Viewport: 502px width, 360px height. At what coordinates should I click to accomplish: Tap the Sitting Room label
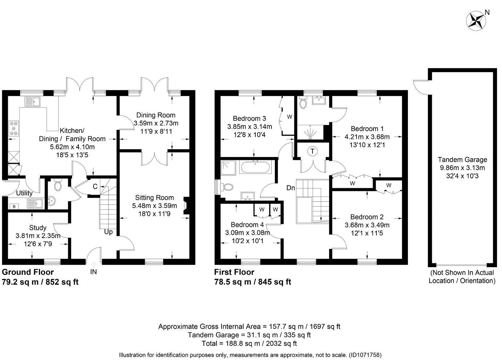[x=154, y=198]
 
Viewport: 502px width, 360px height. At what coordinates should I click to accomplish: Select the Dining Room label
[x=156, y=115]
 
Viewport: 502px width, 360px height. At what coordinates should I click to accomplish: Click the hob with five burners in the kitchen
[x=14, y=128]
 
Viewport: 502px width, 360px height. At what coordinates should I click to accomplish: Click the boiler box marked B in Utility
[x=14, y=207]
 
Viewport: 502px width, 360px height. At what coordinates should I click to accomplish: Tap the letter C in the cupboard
[x=95, y=186]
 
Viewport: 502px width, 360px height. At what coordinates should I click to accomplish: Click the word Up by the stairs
[x=109, y=232]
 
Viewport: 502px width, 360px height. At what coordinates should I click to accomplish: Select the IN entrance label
[x=93, y=272]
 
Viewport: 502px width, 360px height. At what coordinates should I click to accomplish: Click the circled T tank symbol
[x=312, y=151]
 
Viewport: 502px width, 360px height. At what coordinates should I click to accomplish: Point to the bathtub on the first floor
[x=255, y=167]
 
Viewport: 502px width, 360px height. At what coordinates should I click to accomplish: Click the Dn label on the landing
[x=291, y=188]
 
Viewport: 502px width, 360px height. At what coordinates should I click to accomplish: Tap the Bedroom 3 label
[x=249, y=118]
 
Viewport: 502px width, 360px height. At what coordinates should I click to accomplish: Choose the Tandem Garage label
[x=462, y=160]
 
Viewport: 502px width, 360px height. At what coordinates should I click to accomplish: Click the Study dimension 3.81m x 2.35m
[x=38, y=236]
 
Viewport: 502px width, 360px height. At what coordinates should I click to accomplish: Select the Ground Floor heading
[x=28, y=272]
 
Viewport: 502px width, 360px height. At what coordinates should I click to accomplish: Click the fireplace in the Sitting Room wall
[x=186, y=206]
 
